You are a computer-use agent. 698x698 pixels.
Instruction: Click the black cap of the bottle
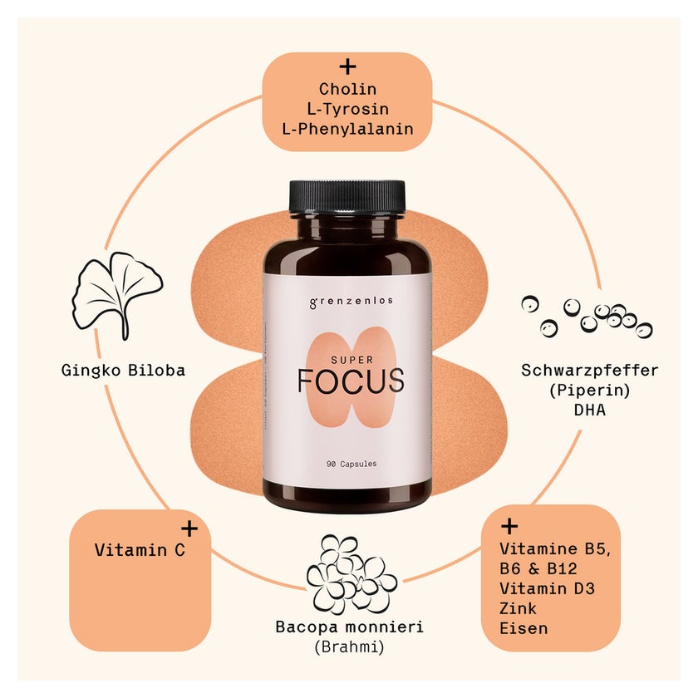tap(347, 196)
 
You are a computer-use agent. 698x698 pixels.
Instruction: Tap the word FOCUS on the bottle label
tap(351, 381)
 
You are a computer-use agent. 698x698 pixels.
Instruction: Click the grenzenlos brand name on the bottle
tap(351, 302)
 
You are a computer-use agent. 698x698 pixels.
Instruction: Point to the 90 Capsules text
tap(351, 464)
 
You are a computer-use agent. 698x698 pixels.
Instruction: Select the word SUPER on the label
tap(351, 360)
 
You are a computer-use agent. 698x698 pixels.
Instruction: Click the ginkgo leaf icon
tap(117, 296)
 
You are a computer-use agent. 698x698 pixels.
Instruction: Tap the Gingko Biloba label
tap(123, 371)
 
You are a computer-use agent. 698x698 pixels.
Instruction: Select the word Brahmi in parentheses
tap(349, 646)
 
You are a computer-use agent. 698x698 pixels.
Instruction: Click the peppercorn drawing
tap(587, 316)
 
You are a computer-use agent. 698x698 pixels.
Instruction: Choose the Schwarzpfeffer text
tap(589, 371)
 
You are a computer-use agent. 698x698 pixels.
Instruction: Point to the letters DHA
tap(590, 410)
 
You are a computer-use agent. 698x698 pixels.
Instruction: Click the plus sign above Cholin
tap(347, 67)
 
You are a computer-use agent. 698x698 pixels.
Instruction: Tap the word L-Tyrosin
tap(347, 109)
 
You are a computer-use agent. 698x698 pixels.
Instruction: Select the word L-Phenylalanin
tap(347, 129)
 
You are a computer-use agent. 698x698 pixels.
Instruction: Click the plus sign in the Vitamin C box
tap(189, 528)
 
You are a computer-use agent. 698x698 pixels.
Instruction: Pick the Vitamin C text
tap(140, 550)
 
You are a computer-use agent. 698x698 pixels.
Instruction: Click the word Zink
tap(518, 608)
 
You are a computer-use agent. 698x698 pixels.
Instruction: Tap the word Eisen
tap(523, 628)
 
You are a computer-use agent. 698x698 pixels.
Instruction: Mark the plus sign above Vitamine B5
tap(509, 527)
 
